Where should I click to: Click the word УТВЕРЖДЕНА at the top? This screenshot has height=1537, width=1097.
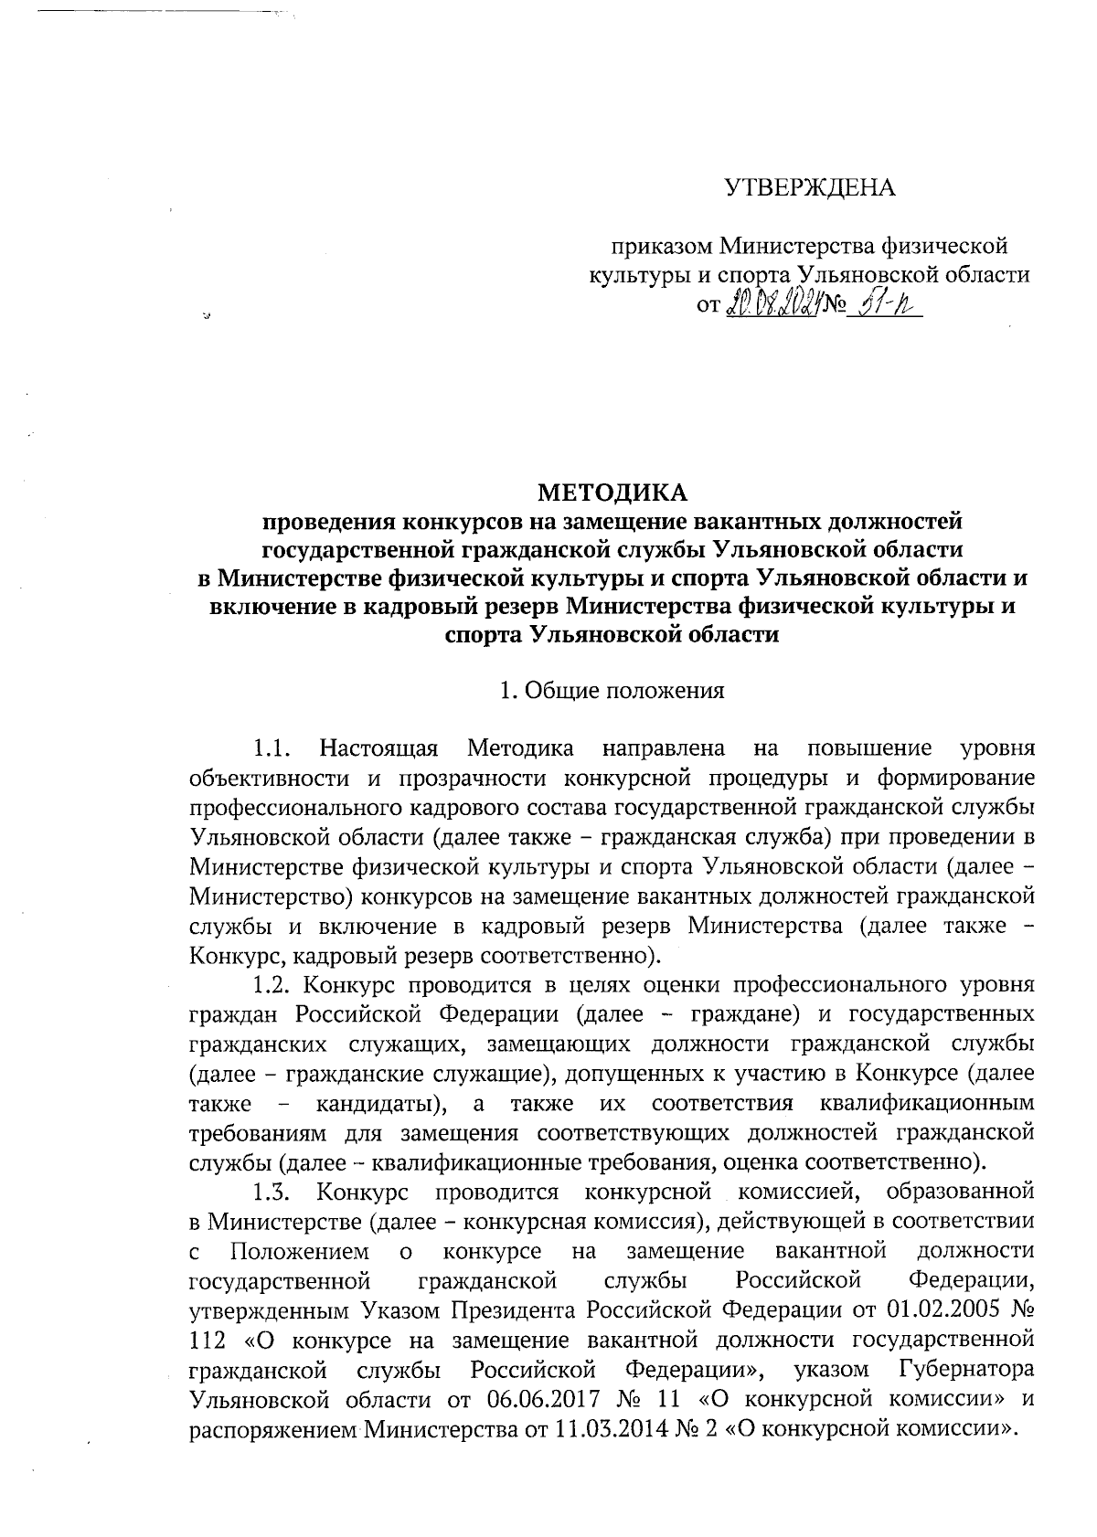[810, 188]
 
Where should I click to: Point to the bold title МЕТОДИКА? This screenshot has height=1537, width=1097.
[612, 493]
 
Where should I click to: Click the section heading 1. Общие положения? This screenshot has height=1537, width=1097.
[612, 691]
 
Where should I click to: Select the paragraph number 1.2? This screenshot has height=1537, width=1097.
[272, 986]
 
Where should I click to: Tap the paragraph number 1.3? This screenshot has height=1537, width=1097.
[272, 1192]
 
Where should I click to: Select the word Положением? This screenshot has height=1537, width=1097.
[300, 1251]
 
